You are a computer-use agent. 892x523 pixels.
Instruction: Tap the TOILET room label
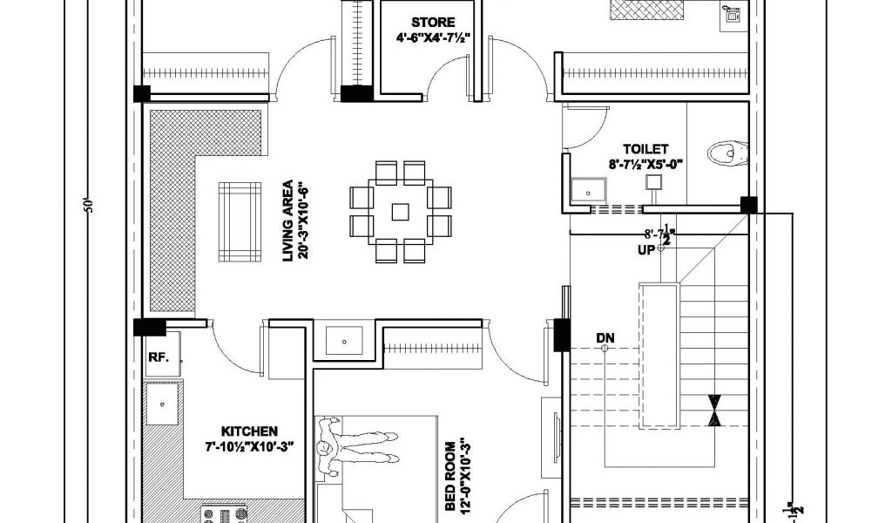coord(645,149)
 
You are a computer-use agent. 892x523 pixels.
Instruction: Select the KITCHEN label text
coord(249,431)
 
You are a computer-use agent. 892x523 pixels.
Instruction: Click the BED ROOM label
coord(451,474)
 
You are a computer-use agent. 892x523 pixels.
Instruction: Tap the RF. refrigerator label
coord(158,357)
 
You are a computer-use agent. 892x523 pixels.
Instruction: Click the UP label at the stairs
coord(645,251)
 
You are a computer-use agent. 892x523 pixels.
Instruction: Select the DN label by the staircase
coord(605,336)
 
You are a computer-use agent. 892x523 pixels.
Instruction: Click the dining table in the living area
coord(400,211)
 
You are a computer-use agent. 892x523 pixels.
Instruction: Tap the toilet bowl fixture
coord(728,153)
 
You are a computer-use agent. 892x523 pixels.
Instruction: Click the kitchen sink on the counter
coord(162,404)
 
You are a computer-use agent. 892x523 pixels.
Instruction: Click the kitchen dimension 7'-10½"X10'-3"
coord(249,445)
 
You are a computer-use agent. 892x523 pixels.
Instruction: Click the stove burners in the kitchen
coord(223,514)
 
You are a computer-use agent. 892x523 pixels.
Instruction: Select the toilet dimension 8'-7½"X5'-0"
coord(645,163)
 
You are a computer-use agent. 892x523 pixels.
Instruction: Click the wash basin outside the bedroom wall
coord(343,340)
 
